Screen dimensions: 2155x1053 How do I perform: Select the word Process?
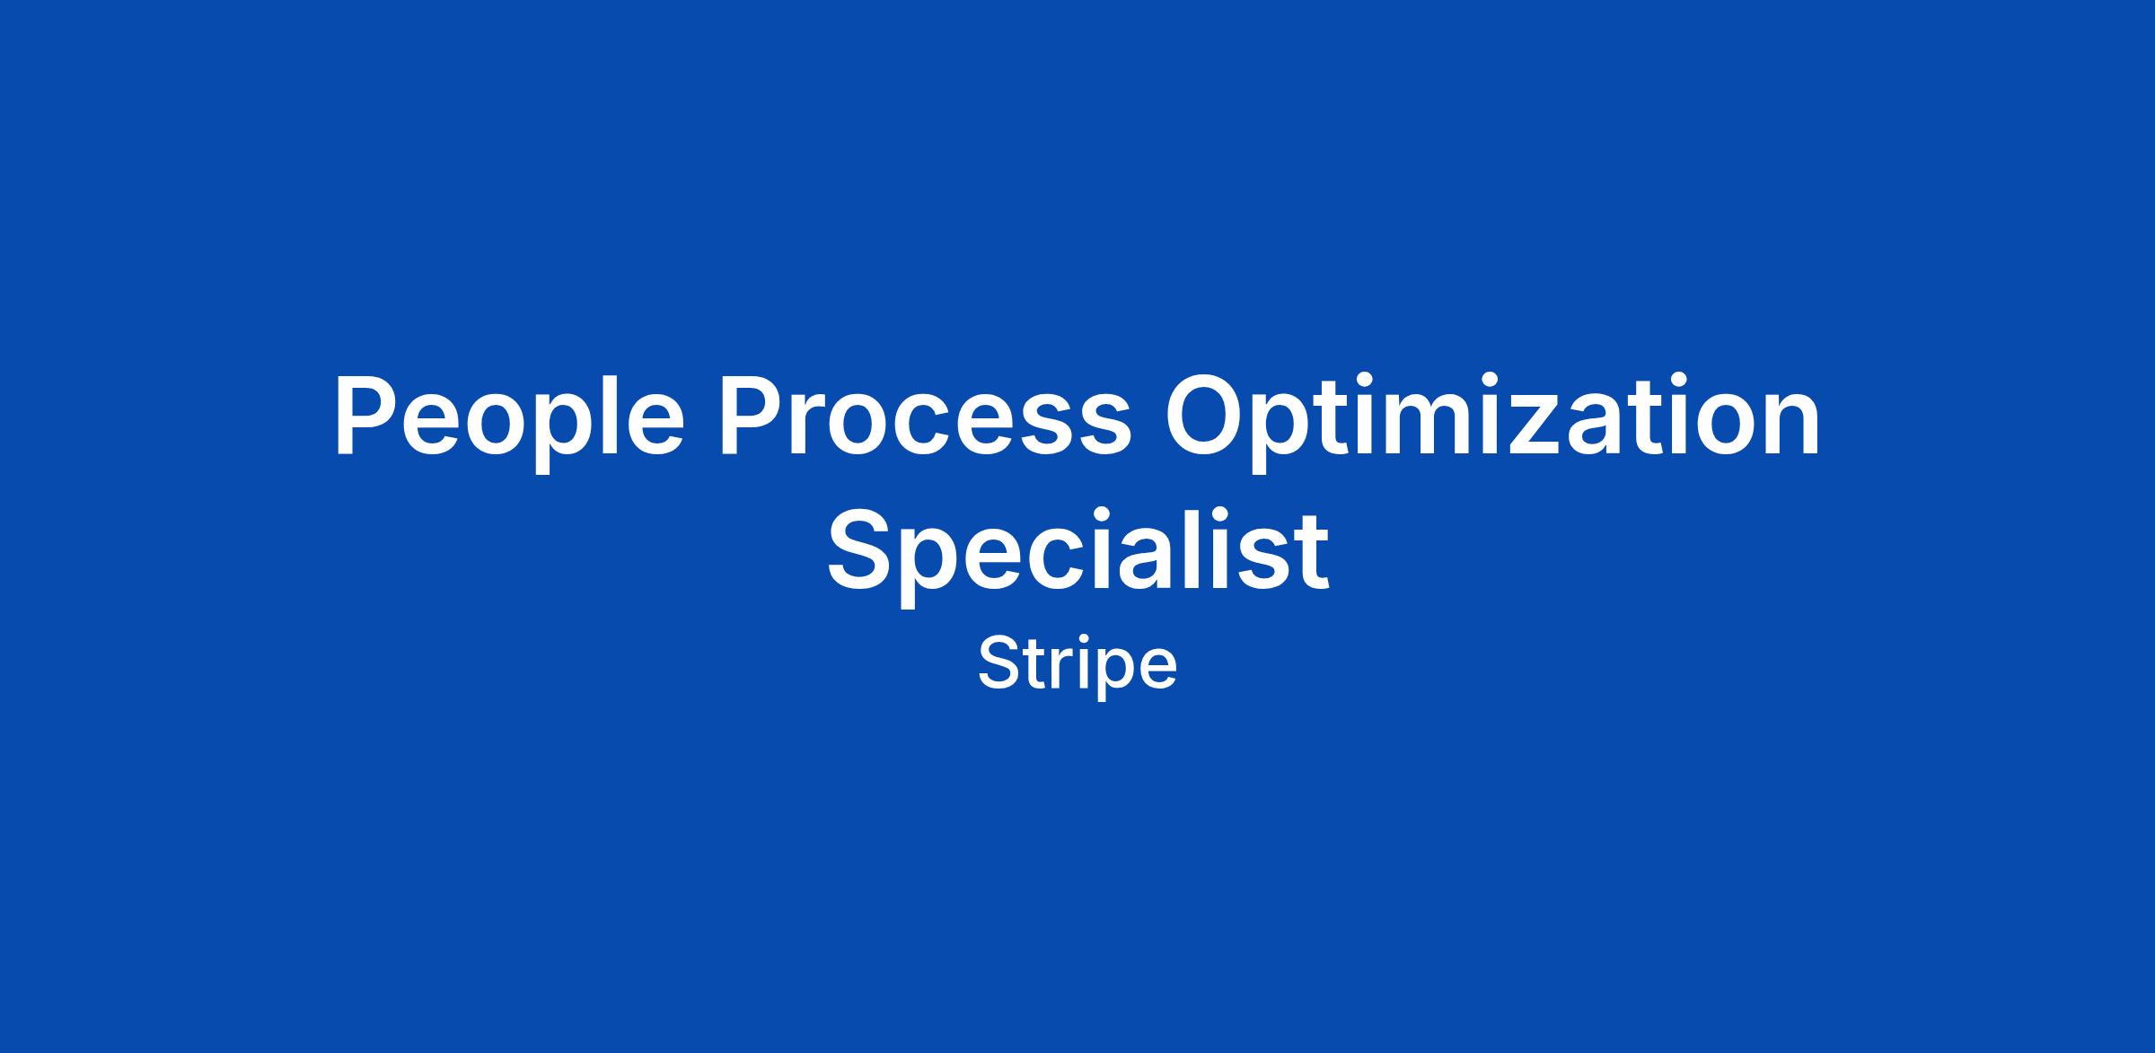[x=925, y=416]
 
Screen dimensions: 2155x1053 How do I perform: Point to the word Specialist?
[x=1077, y=550]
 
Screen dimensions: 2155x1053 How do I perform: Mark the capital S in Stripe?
[x=999, y=664]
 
